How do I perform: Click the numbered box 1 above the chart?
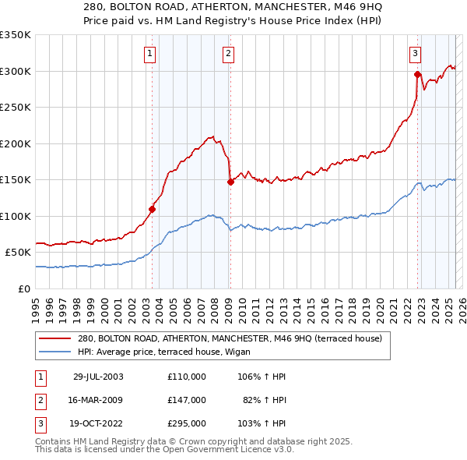pyautogui.click(x=149, y=54)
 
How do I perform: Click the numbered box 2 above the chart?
pyautogui.click(x=228, y=54)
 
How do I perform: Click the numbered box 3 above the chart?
pyautogui.click(x=415, y=54)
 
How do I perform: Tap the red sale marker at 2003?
pyautogui.click(x=153, y=209)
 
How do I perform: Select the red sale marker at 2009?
pyautogui.click(x=230, y=182)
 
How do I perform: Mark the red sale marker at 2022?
pyautogui.click(x=418, y=75)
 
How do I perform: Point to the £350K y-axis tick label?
pyautogui.click(x=16, y=35)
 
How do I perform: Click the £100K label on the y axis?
pyautogui.click(x=16, y=216)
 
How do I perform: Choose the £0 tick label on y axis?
pyautogui.click(x=24, y=288)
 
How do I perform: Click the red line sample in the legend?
pyautogui.click(x=54, y=339)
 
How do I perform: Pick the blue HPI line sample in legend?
pyautogui.click(x=54, y=352)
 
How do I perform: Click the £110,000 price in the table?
pyautogui.click(x=187, y=377)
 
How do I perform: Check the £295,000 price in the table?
pyautogui.click(x=187, y=424)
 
